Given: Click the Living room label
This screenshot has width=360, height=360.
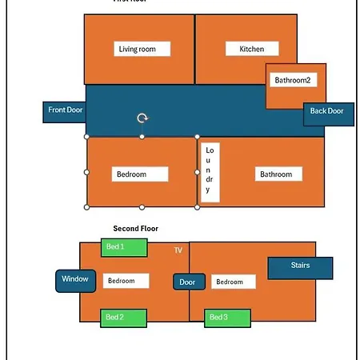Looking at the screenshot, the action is [x=142, y=49].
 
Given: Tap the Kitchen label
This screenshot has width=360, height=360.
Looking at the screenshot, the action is [x=252, y=49].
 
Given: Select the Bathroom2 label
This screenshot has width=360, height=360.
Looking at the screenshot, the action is [x=294, y=80].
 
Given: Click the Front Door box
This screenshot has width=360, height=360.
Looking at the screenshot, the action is [x=64, y=112].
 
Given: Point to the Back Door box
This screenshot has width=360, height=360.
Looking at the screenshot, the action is [x=329, y=114].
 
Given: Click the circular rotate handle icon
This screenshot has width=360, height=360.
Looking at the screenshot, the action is [x=142, y=118].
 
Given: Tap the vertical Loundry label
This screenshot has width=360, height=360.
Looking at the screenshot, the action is [x=210, y=172].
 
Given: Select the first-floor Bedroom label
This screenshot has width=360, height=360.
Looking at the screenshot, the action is [x=140, y=174].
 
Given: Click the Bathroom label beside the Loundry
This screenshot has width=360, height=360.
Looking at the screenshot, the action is [x=278, y=174].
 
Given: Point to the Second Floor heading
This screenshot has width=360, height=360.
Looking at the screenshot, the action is [x=135, y=229].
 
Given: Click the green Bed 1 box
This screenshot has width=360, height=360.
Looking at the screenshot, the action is [x=124, y=248].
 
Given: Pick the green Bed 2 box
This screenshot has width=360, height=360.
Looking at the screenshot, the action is [x=123, y=318].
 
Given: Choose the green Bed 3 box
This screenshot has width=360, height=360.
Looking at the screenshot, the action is [x=227, y=318].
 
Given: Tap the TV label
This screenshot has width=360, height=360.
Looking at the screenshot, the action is [x=178, y=250].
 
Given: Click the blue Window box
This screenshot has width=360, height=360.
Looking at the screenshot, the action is [x=75, y=281].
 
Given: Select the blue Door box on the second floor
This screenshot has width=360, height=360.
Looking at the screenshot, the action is [x=189, y=282].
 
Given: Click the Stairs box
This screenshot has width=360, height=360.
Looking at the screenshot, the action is [x=300, y=268].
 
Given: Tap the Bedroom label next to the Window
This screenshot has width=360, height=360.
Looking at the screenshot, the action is [x=126, y=281].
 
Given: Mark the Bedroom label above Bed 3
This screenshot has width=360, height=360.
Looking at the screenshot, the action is [x=234, y=282].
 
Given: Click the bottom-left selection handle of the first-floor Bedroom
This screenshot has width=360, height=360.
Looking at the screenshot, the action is [x=86, y=207].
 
